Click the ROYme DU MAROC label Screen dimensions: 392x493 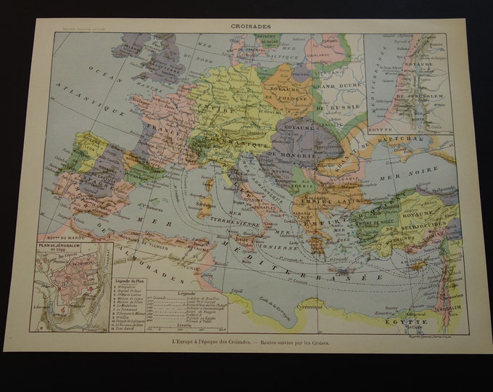57,237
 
